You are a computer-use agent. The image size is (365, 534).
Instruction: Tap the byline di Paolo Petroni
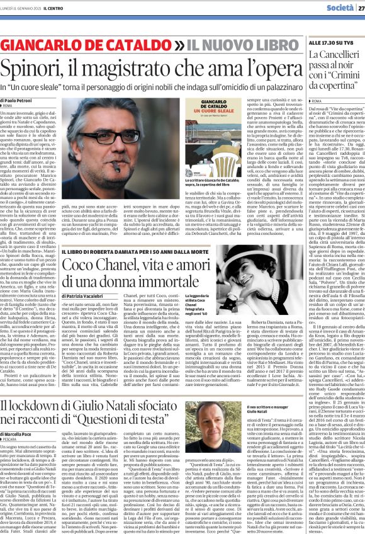pos(20,99)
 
